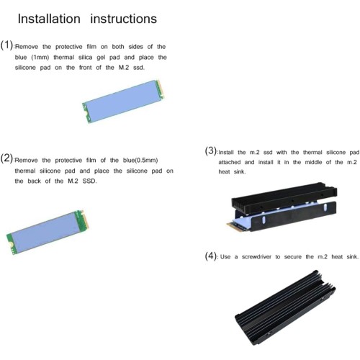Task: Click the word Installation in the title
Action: click(x=49, y=19)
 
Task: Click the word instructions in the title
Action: click(x=124, y=19)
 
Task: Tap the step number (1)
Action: click(x=6, y=45)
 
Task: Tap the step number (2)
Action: click(x=6, y=158)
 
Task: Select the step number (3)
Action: click(x=211, y=150)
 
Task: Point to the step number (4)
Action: click(x=211, y=256)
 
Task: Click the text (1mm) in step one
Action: click(x=40, y=58)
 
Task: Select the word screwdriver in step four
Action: click(x=256, y=257)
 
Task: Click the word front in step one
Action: click(x=86, y=68)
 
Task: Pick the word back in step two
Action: click(x=34, y=181)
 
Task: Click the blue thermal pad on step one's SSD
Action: click(x=122, y=101)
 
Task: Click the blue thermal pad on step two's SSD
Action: click(x=45, y=233)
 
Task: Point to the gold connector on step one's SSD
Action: click(x=160, y=89)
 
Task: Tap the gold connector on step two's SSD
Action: click(x=85, y=220)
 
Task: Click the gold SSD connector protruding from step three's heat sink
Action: click(x=232, y=226)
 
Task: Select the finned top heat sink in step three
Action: click(x=284, y=197)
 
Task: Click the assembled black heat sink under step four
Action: click(x=285, y=308)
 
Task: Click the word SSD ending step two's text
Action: click(x=89, y=181)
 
